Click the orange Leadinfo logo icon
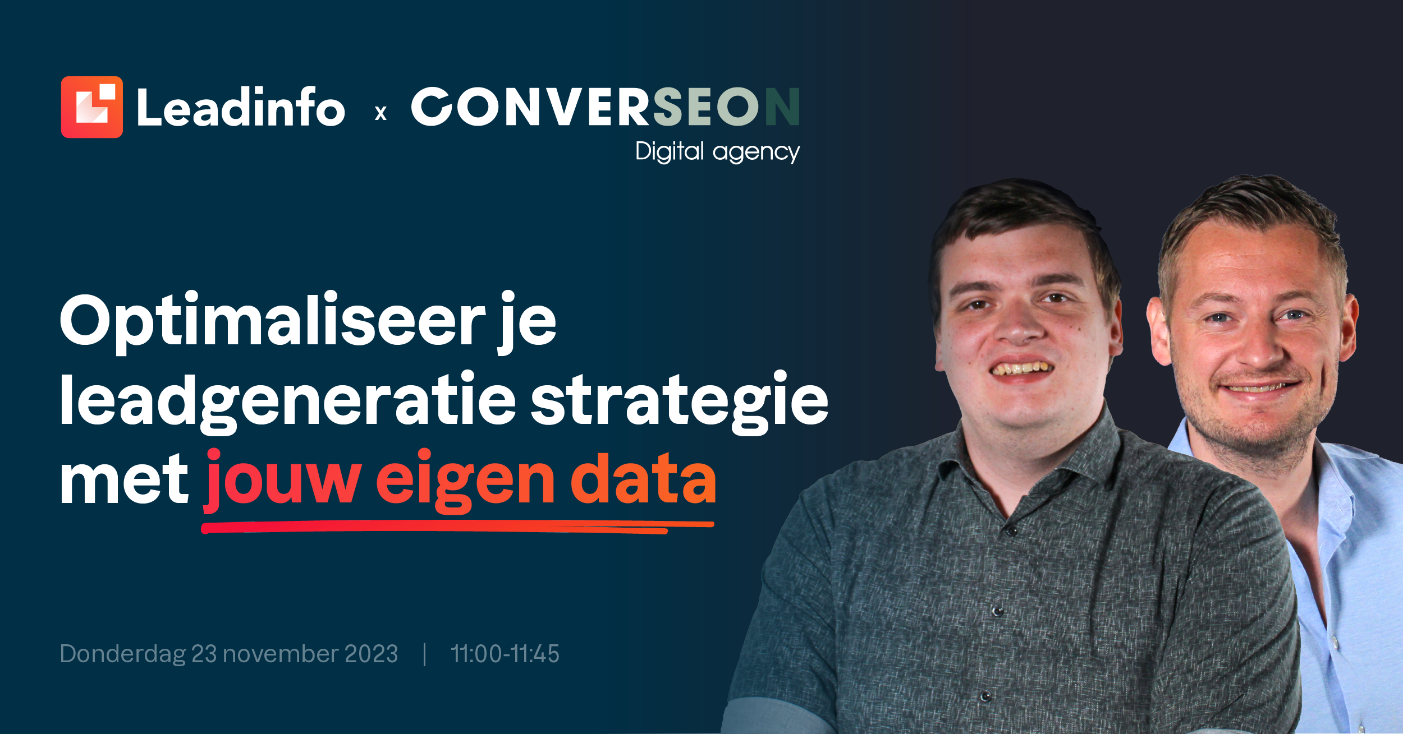92,107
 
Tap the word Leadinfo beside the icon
241,107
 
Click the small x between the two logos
381,113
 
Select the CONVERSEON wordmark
606,106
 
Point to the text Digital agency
718,151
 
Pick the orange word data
644,478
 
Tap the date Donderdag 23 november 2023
229,654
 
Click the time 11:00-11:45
505,654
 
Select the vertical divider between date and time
425,654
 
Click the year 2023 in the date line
371,654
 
